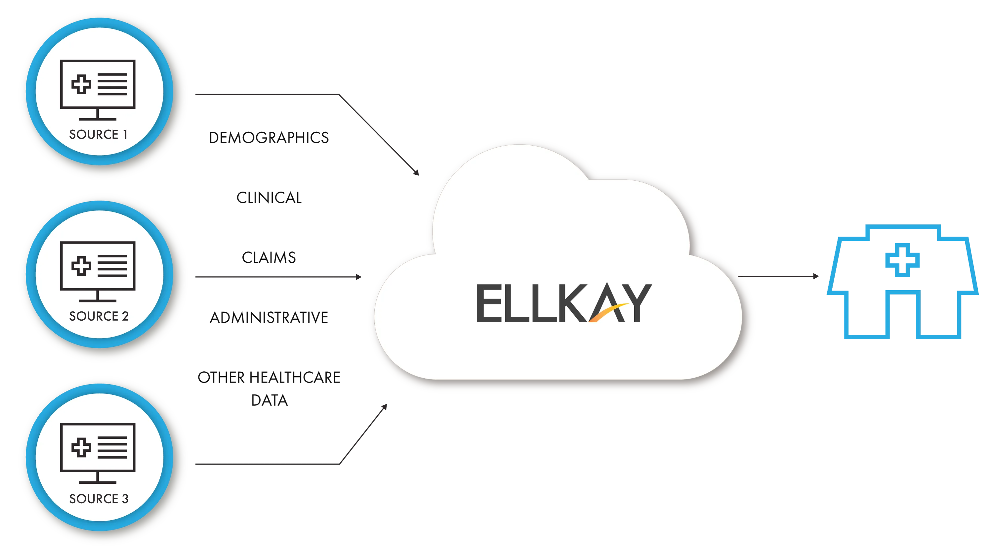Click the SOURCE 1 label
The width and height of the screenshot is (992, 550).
(98, 134)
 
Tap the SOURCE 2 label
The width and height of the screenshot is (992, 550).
(99, 316)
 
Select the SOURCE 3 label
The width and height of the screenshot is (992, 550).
(99, 499)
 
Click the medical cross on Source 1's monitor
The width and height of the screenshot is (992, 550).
(81, 84)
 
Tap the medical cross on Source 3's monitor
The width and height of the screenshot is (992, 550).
(81, 447)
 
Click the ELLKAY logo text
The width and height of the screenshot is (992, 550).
(564, 303)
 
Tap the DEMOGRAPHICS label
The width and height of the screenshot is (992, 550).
(269, 138)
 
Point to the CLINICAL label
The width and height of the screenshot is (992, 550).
(269, 197)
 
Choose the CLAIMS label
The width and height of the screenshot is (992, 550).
(269, 257)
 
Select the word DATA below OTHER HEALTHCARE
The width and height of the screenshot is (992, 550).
(269, 401)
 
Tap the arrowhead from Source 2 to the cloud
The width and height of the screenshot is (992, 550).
(358, 276)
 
